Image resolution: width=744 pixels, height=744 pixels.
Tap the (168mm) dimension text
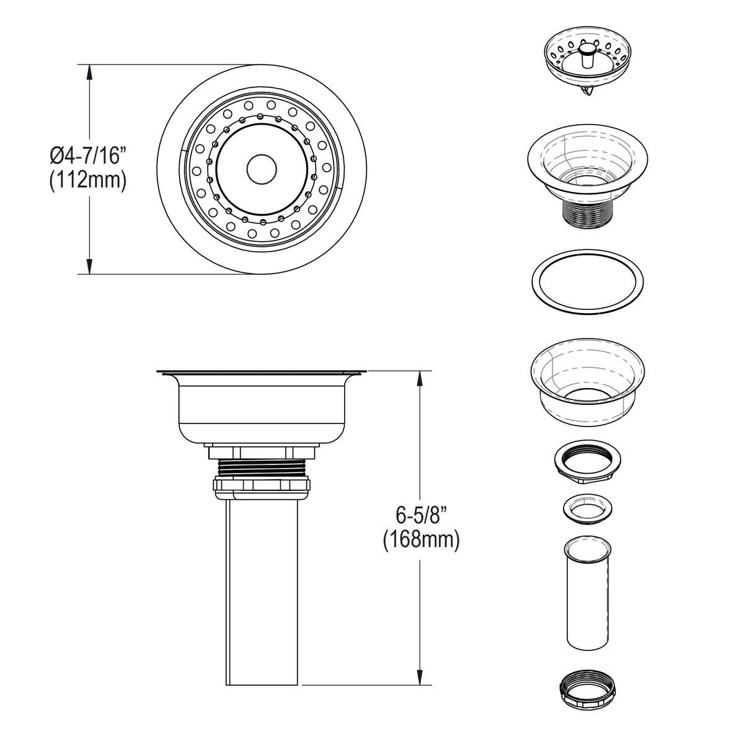click(x=421, y=540)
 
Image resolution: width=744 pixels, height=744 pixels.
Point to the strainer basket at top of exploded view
click(x=584, y=62)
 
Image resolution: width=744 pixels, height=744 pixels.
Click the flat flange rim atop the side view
click(x=261, y=373)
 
